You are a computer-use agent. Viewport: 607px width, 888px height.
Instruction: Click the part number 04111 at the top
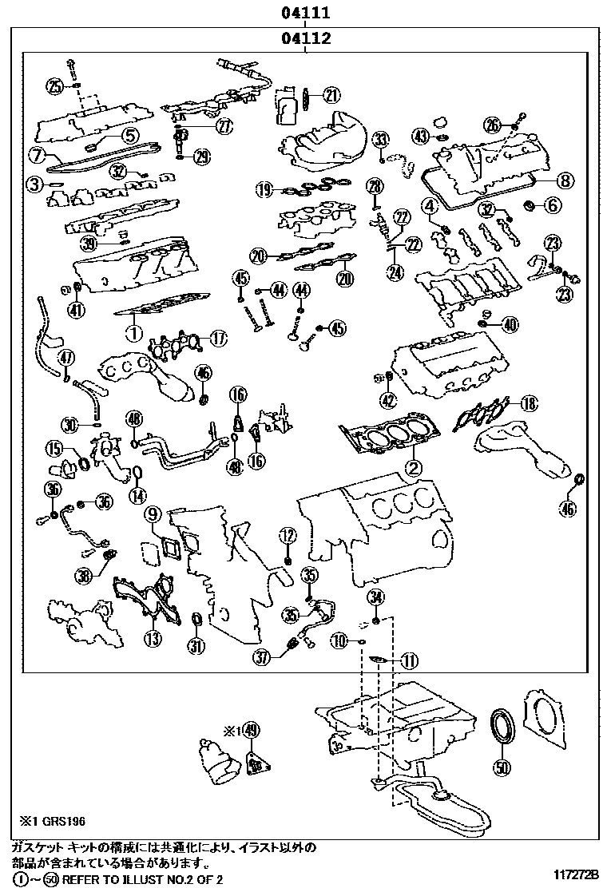(x=305, y=13)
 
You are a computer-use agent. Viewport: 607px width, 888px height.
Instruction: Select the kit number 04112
(x=305, y=38)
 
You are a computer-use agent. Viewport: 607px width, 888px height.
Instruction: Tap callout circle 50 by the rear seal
(x=502, y=768)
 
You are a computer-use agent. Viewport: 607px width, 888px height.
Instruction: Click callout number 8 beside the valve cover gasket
(x=565, y=180)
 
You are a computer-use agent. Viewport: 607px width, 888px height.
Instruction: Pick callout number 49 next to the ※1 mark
(x=253, y=731)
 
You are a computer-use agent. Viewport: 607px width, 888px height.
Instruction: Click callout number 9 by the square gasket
(x=153, y=514)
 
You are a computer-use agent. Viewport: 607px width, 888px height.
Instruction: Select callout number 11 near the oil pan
(x=409, y=660)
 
